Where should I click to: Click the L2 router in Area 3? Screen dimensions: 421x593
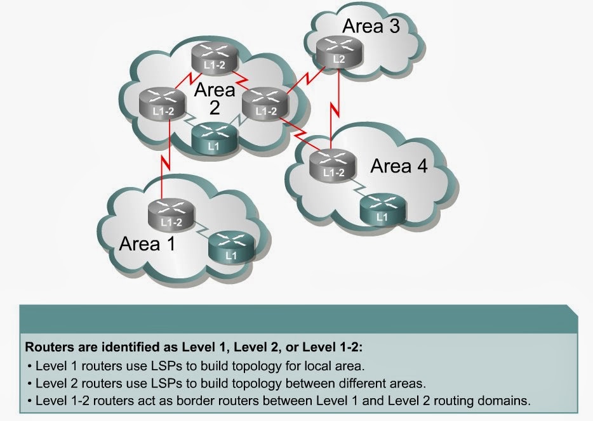click(338, 52)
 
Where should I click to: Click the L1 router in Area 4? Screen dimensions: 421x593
click(381, 209)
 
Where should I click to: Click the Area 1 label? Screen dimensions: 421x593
click(149, 243)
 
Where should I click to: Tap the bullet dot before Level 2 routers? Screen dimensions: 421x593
click(31, 384)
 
